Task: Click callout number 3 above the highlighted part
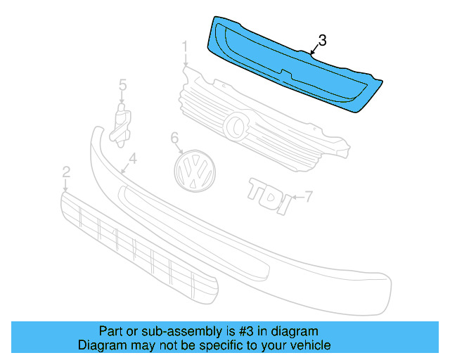[x=321, y=41]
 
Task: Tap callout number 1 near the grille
[x=185, y=48]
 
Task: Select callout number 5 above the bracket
[x=122, y=85]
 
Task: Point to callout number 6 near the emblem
[x=175, y=139]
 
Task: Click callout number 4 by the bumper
[x=132, y=159]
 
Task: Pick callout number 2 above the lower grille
[x=66, y=172]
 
